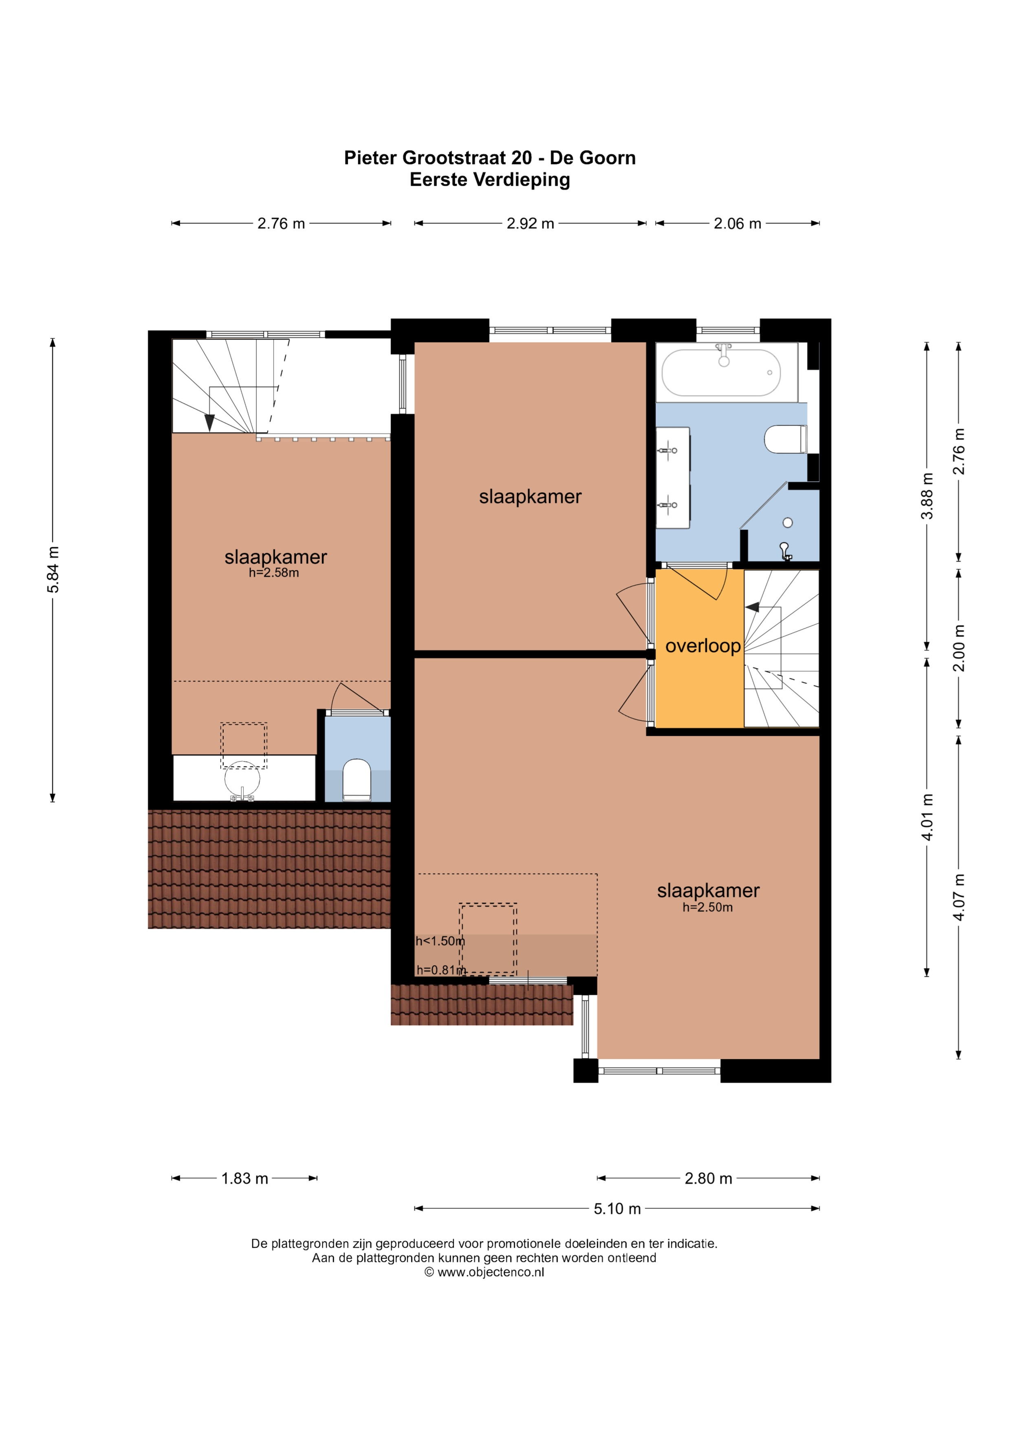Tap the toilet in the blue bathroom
786,439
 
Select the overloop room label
703,646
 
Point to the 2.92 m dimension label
531,223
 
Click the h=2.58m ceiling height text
274,572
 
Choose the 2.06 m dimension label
737,223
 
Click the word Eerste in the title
439,180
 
